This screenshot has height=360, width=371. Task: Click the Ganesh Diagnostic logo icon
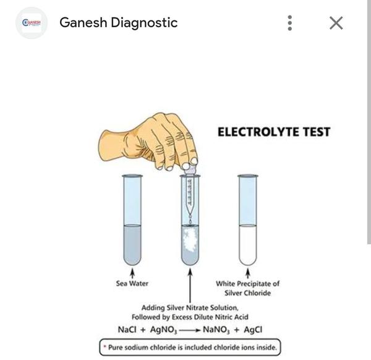pyautogui.click(x=30, y=23)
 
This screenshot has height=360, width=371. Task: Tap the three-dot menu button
pyautogui.click(x=289, y=23)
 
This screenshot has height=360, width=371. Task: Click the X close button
pyautogui.click(x=336, y=23)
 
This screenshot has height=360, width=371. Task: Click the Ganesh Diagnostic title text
pyautogui.click(x=118, y=23)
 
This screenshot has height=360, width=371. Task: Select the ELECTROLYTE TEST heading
pyautogui.click(x=273, y=132)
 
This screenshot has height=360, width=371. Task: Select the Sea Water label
pyautogui.click(x=132, y=284)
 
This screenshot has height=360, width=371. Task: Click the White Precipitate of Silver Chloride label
pyautogui.click(x=247, y=288)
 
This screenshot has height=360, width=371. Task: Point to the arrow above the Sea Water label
pyautogui.click(x=132, y=273)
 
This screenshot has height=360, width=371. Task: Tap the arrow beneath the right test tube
pyautogui.click(x=248, y=273)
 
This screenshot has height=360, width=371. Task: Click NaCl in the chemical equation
pyautogui.click(x=127, y=328)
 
